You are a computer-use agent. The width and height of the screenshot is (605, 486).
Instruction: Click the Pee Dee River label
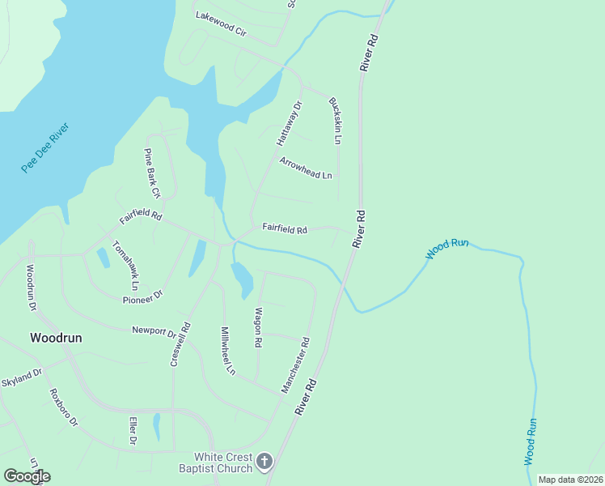pyautogui.click(x=45, y=147)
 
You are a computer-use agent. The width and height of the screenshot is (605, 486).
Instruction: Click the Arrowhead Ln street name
pyautogui.click(x=306, y=168)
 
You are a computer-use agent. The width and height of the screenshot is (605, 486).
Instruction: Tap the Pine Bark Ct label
pyautogui.click(x=152, y=173)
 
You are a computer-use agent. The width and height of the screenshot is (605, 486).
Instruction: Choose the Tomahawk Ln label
pyautogui.click(x=125, y=266)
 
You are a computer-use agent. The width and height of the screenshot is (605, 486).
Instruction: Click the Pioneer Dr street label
pyautogui.click(x=143, y=298)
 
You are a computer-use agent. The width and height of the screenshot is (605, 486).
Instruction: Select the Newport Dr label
pyautogui.click(x=154, y=332)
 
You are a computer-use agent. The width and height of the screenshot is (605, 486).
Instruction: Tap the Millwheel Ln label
pyautogui.click(x=227, y=351)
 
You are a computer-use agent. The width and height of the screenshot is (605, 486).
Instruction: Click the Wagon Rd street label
pyautogui.click(x=258, y=327)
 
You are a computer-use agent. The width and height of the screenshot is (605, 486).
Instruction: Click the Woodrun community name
pyautogui.click(x=56, y=337)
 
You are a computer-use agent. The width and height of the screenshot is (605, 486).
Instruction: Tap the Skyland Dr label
pyautogui.click(x=21, y=378)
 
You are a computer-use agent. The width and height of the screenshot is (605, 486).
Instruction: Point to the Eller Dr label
pyautogui.click(x=133, y=430)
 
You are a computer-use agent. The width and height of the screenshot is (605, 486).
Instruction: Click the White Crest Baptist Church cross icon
pyautogui.click(x=264, y=462)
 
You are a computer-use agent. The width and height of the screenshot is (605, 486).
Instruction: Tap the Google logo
pyautogui.click(x=27, y=476)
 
